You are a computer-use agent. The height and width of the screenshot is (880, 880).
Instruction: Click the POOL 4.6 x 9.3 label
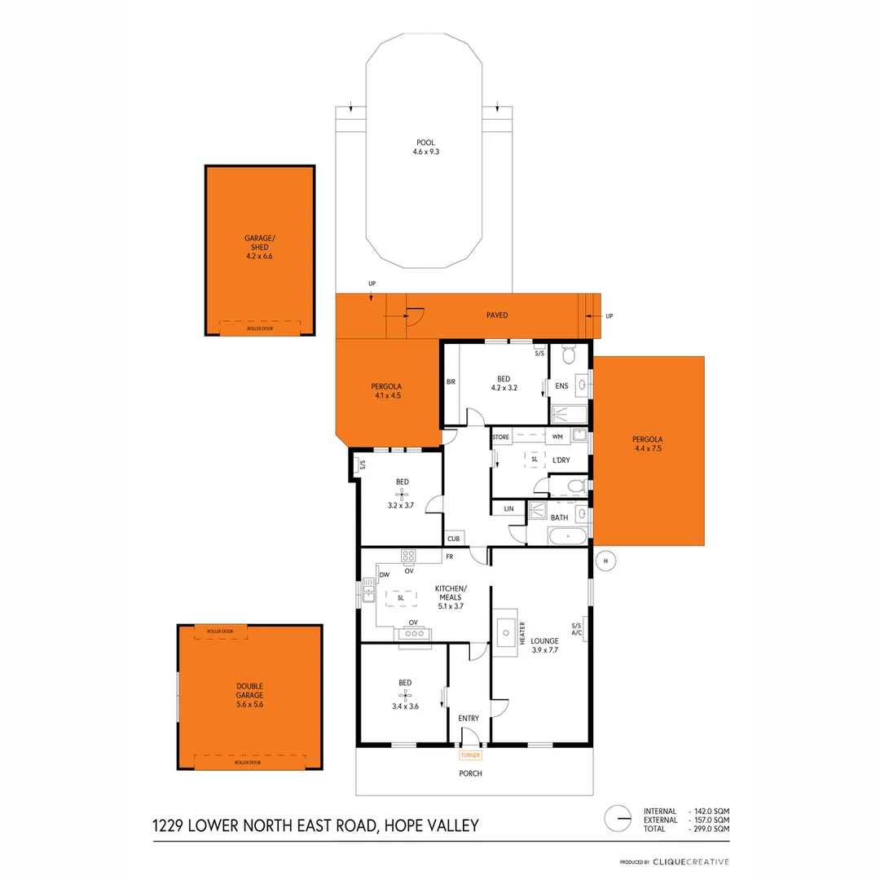425,147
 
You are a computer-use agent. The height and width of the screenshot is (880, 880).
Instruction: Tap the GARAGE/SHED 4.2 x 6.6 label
260,246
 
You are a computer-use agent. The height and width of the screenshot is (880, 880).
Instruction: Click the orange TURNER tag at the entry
471,755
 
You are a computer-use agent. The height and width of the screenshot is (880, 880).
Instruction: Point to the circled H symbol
605,560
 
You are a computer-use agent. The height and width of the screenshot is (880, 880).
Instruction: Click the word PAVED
497,315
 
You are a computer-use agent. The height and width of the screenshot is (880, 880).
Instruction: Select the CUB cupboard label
453,539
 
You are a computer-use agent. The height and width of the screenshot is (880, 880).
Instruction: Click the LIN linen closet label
508,508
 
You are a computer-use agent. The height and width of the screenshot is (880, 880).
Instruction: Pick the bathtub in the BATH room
567,537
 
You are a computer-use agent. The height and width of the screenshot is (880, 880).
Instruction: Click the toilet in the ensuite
569,355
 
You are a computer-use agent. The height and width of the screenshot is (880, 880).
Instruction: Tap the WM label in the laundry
557,438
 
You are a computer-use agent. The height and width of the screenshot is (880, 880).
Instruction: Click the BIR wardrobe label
451,381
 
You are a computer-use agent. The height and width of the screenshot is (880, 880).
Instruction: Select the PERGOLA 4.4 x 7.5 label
649,444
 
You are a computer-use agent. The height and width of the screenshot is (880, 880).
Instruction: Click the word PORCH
471,773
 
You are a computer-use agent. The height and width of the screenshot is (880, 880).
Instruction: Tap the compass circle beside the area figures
618,819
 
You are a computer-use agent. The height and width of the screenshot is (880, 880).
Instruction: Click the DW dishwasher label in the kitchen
384,574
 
